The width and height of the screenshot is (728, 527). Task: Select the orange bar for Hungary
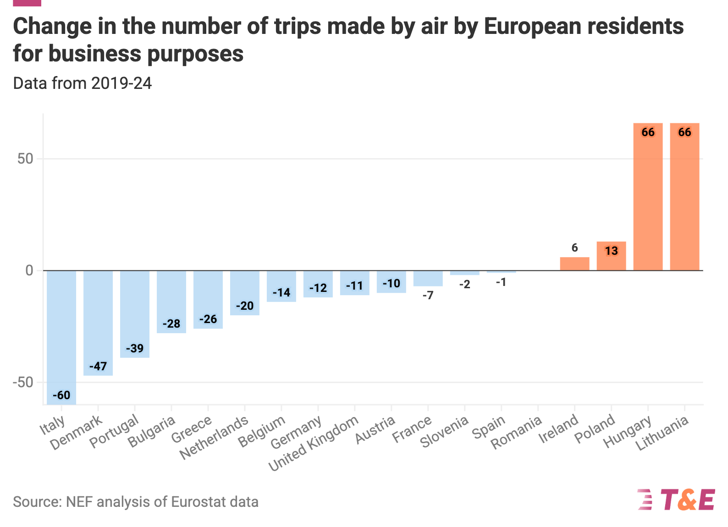(648, 197)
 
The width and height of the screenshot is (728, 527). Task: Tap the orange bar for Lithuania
(684, 197)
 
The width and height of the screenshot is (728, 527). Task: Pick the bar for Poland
(611, 256)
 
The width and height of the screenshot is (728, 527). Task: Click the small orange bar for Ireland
(574, 264)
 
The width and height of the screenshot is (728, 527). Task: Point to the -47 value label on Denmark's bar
(98, 366)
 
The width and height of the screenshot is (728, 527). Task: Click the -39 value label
(135, 348)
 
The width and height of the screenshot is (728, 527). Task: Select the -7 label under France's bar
(428, 296)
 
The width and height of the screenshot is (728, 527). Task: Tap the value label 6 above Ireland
(574, 248)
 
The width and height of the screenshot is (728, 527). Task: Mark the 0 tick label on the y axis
(30, 270)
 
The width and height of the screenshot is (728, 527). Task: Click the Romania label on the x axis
(517, 433)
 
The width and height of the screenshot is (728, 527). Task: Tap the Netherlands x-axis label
(214, 438)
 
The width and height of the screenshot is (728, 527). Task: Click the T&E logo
(676, 500)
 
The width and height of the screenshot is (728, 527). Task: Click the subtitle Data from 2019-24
(83, 83)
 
